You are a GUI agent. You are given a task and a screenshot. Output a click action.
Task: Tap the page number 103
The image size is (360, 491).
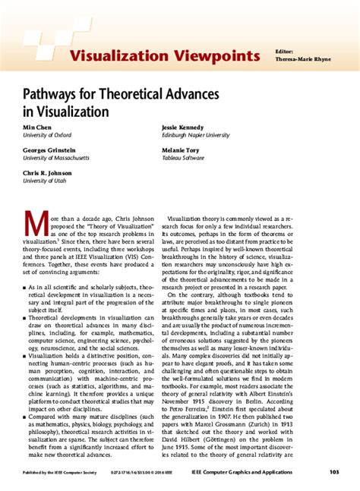[x=333, y=472]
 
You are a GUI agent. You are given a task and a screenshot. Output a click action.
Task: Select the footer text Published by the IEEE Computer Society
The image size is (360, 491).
[x=61, y=473]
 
